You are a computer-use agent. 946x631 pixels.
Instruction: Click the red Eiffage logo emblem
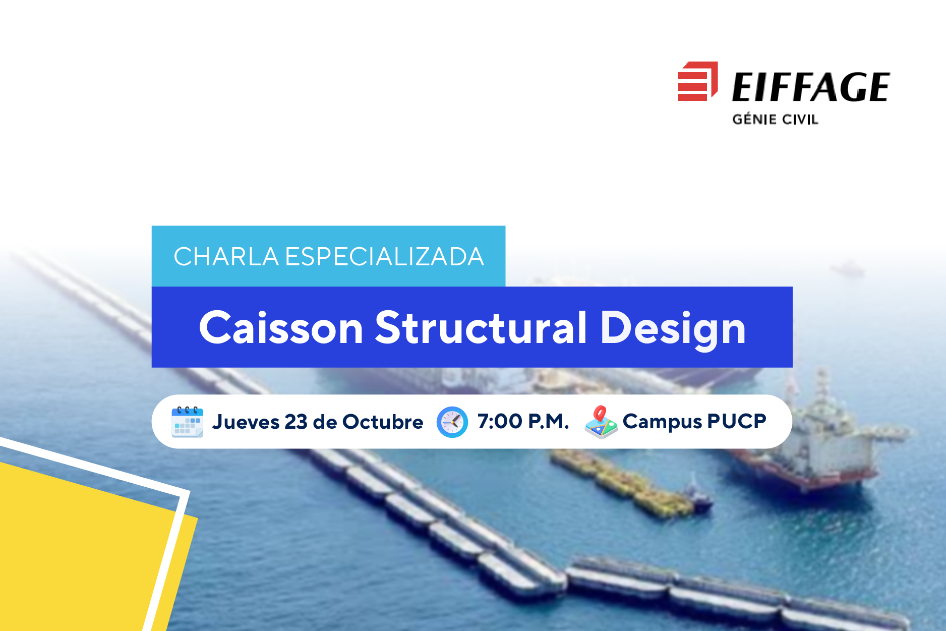698,81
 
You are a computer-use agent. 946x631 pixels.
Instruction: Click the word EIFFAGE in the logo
811,87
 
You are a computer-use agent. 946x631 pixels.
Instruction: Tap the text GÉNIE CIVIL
775,120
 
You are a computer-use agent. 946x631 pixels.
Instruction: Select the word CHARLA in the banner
226,257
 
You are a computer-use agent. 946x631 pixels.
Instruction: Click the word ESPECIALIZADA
385,257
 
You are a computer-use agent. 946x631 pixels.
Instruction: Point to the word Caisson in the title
281,327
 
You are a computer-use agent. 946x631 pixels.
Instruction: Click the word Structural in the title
481,327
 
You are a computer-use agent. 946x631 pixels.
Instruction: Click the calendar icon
187,422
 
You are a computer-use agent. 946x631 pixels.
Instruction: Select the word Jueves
246,422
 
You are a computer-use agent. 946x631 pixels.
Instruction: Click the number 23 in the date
296,422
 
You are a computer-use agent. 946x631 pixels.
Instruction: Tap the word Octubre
383,422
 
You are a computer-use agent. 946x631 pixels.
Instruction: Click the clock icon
452,422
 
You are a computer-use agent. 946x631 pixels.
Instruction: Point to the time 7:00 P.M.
523,421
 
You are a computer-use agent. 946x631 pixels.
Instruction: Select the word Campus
662,422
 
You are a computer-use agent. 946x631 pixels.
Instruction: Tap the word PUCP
737,421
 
